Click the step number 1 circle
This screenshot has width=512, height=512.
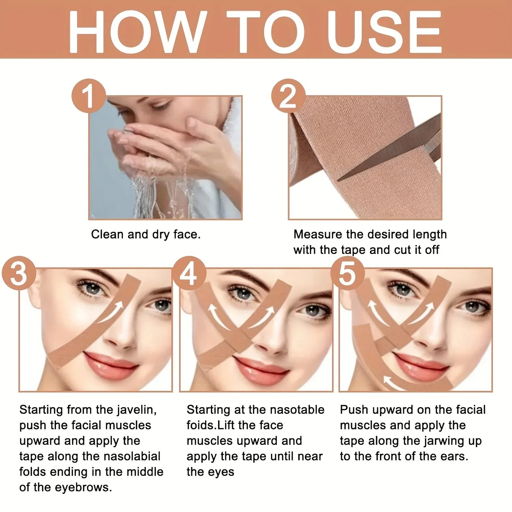point(89,96)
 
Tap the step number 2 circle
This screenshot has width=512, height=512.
point(288,96)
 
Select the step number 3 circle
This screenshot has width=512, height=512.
point(19,273)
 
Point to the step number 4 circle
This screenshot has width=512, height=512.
point(188,273)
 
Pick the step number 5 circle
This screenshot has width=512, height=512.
point(347,273)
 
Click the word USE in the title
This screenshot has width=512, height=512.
point(384,32)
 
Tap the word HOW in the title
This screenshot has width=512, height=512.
point(137,32)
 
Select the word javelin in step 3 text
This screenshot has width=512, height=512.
point(137,410)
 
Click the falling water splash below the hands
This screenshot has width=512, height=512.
point(160,195)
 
